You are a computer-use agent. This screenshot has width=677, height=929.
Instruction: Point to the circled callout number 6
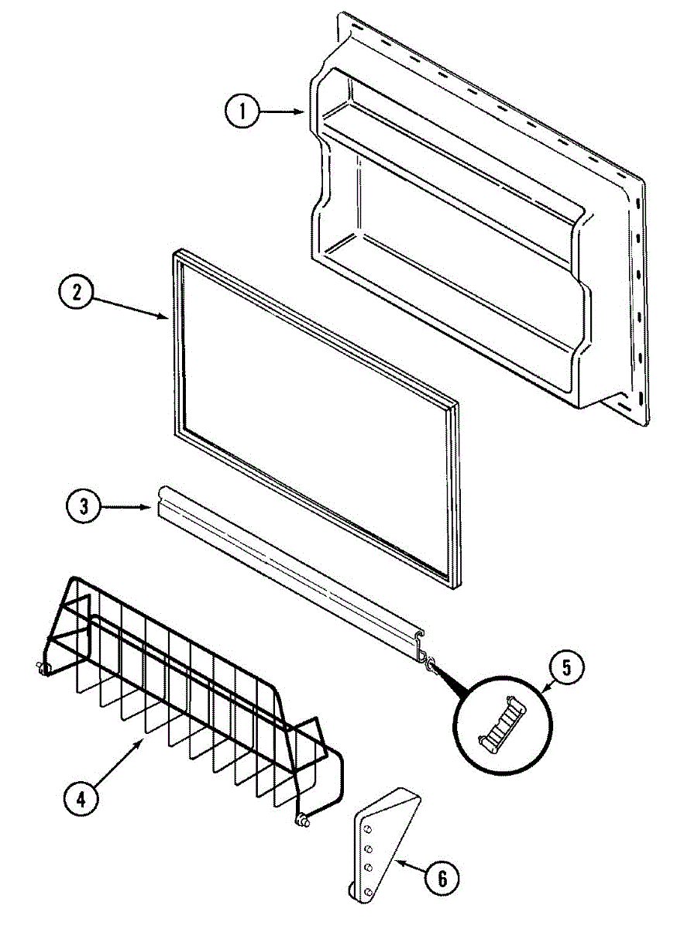441,878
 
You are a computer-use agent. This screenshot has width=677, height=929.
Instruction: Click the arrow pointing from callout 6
407,869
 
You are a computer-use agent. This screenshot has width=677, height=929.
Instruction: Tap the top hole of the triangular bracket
369,828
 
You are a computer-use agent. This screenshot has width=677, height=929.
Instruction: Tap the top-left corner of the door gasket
177,254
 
